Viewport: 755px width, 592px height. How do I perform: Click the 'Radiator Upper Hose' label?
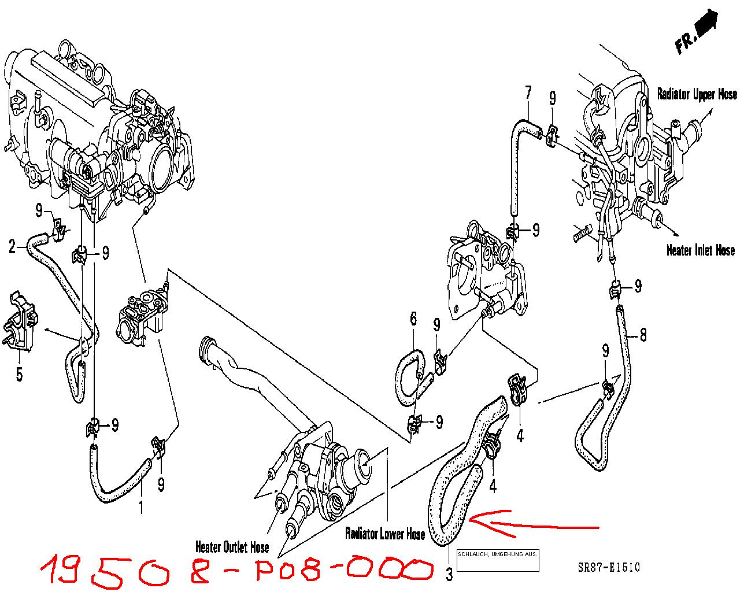[x=697, y=94]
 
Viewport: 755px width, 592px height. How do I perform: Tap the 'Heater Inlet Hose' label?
[x=701, y=250]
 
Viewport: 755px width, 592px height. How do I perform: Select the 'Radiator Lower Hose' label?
[x=385, y=534]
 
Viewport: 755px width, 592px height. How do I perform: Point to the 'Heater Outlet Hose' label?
[x=232, y=547]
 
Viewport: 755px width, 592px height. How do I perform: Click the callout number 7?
[x=528, y=92]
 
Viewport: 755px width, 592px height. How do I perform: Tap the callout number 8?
[x=643, y=335]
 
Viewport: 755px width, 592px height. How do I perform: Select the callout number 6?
[x=413, y=319]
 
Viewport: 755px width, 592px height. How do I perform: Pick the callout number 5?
[x=20, y=374]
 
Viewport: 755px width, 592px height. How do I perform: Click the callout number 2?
[x=13, y=247]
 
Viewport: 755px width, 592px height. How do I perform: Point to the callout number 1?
[x=141, y=508]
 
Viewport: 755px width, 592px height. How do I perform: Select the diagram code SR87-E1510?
[x=609, y=567]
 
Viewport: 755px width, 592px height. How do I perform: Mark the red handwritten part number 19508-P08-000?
[x=237, y=572]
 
